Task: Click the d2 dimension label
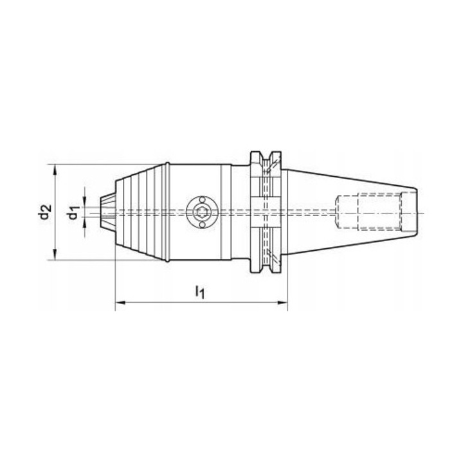click(44, 212)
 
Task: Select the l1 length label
click(199, 293)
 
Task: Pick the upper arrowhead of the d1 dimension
click(85, 200)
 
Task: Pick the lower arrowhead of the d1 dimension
click(85, 224)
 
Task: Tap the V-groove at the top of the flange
click(265, 156)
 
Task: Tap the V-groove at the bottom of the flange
click(265, 269)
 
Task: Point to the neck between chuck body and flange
click(239, 212)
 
